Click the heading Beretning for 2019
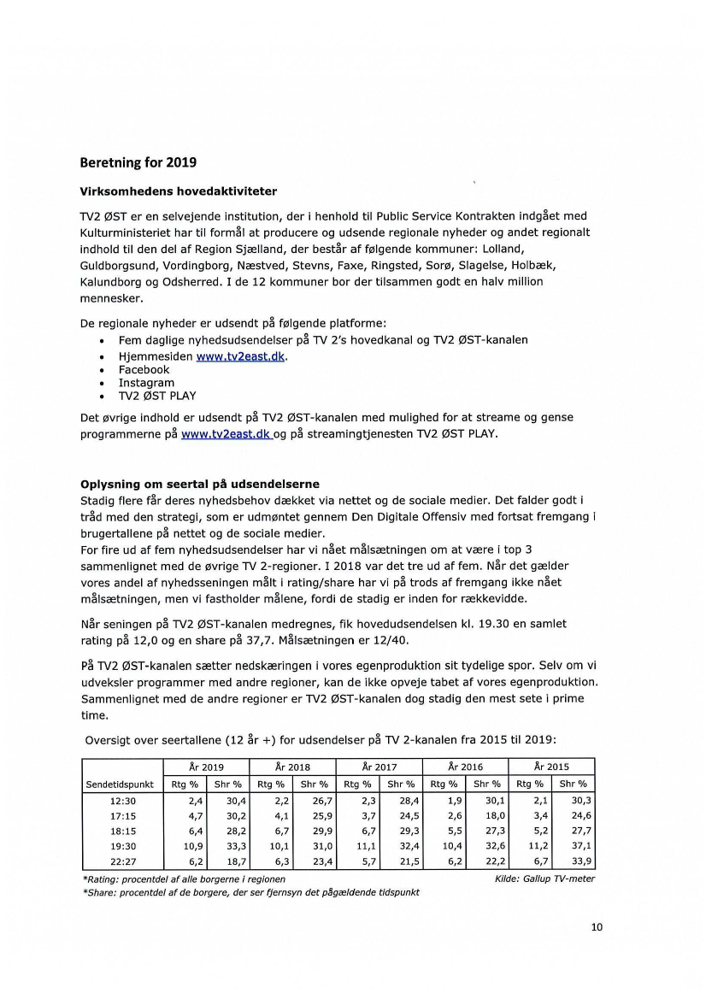pyautogui.click(x=138, y=162)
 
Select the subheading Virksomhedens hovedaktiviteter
pyautogui.click(x=178, y=191)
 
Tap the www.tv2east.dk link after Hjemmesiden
pyautogui.click(x=241, y=356)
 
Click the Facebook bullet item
pyautogui.click(x=144, y=370)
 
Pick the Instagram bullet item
pyautogui.click(x=146, y=383)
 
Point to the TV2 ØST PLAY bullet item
pyautogui.click(x=157, y=396)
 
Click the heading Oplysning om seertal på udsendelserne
pyautogui.click(x=200, y=485)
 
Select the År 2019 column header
pyautogui.click(x=207, y=767)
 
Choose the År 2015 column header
pyautogui.click(x=551, y=767)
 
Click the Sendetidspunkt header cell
pyautogui.click(x=119, y=785)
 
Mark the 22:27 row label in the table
pyautogui.click(x=123, y=861)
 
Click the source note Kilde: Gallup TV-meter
pyautogui.click(x=544, y=879)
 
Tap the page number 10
pyautogui.click(x=597, y=927)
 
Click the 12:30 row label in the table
pyautogui.click(x=123, y=801)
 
